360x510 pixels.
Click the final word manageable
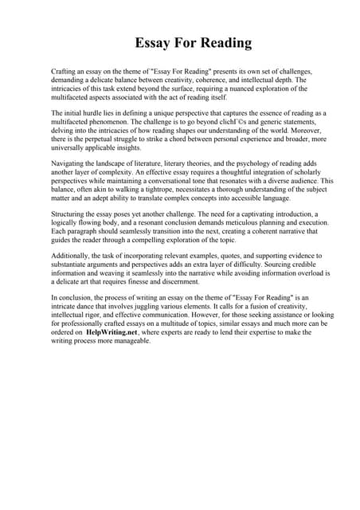(129, 341)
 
